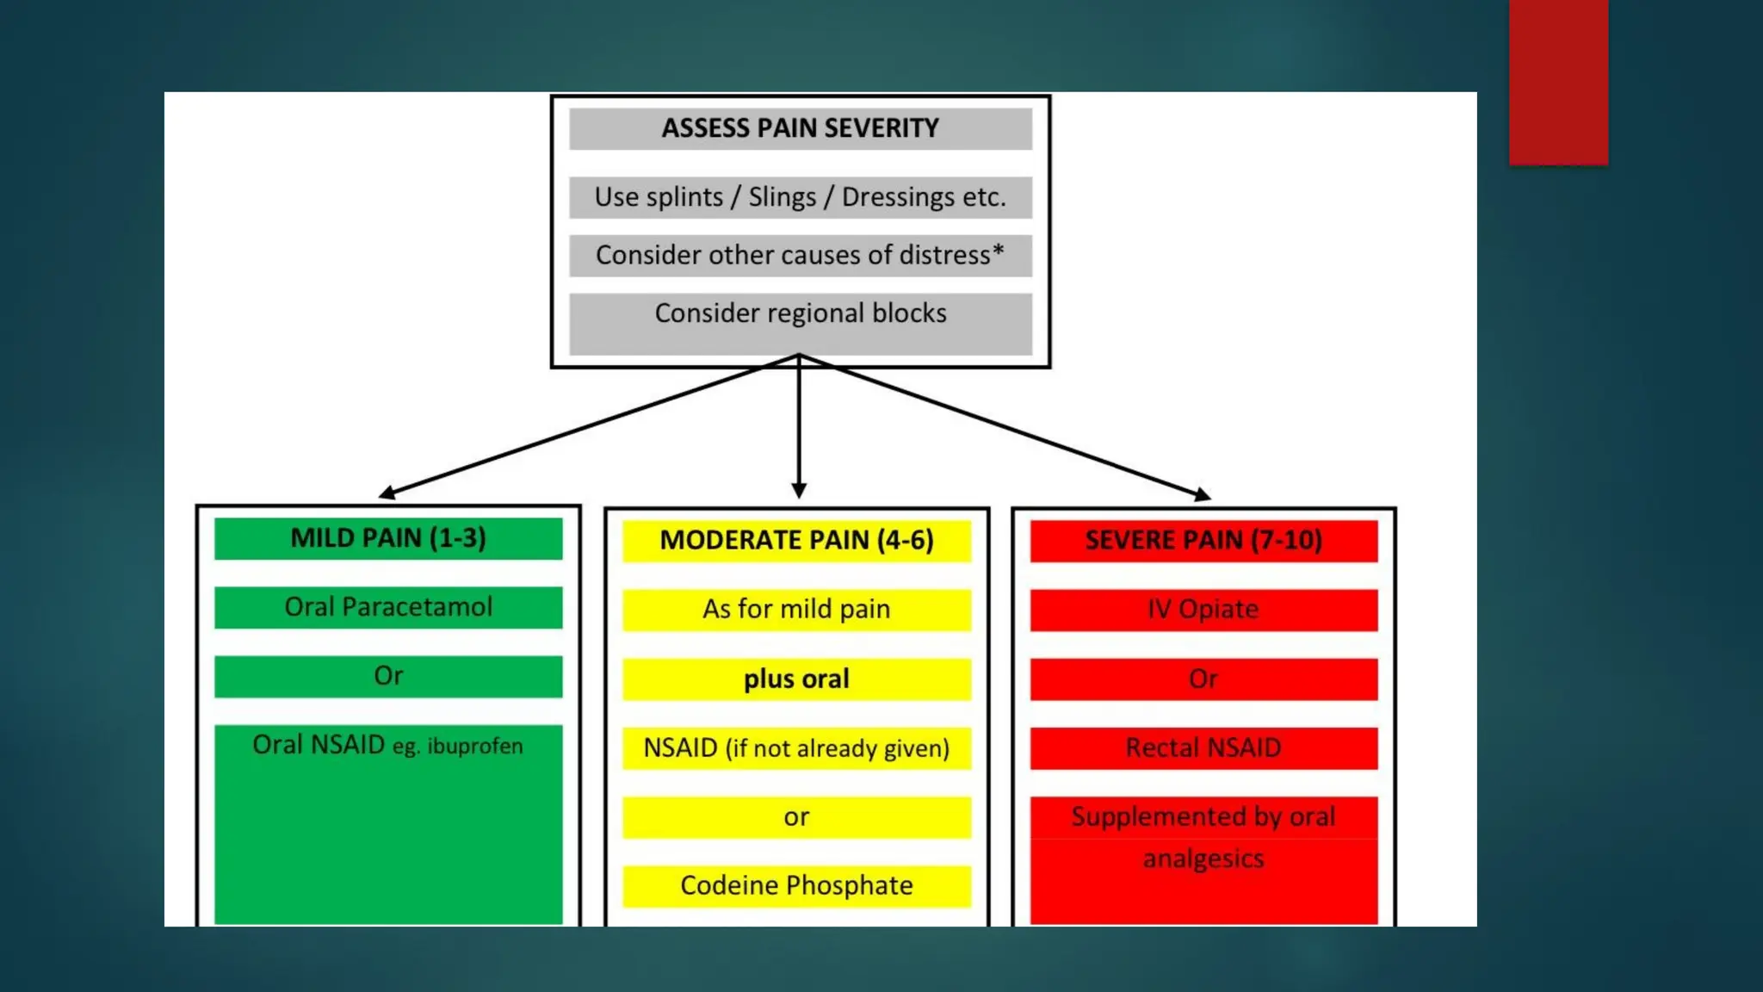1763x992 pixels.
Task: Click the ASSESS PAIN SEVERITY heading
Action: click(x=800, y=128)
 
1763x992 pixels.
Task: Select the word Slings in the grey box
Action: click(x=782, y=197)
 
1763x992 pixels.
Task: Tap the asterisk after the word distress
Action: click(x=999, y=251)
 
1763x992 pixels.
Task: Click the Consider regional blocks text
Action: click(x=800, y=313)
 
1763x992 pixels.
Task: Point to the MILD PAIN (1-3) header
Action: click(x=388, y=538)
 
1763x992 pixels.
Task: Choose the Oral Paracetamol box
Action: click(x=388, y=607)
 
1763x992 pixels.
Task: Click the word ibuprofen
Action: click(x=475, y=746)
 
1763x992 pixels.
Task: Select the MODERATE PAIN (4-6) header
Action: click(x=796, y=541)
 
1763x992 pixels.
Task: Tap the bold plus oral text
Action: click(x=796, y=679)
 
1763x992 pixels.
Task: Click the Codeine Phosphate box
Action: click(x=796, y=886)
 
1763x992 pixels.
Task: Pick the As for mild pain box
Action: click(x=796, y=610)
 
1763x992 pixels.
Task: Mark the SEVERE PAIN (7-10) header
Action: click(x=1203, y=541)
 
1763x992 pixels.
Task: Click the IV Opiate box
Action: click(x=1203, y=610)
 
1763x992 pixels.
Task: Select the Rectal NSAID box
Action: click(x=1203, y=747)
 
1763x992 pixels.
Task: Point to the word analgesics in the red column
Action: click(x=1203, y=859)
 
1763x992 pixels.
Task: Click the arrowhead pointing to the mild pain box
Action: click(x=387, y=493)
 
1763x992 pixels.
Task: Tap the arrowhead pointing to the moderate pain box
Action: click(x=799, y=491)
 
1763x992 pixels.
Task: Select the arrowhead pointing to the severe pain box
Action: click(x=1203, y=493)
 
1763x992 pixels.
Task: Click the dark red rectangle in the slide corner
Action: click(x=1558, y=82)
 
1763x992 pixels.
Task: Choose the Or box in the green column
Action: click(x=388, y=676)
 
